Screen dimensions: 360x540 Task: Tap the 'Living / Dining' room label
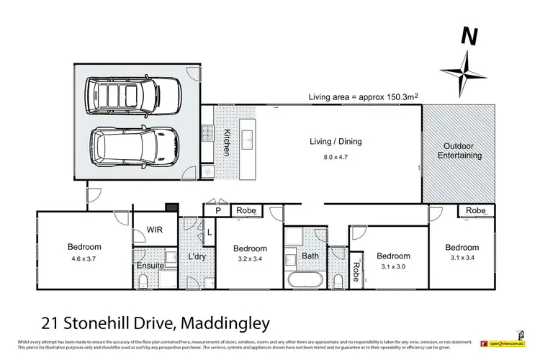click(x=335, y=142)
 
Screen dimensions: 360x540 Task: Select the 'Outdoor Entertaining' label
click(x=460, y=150)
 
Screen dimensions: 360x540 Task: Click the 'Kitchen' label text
click(x=226, y=143)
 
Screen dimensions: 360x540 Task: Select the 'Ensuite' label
click(x=150, y=266)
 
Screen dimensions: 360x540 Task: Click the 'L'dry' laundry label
click(x=197, y=257)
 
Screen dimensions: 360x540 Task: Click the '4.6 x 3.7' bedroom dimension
click(x=84, y=258)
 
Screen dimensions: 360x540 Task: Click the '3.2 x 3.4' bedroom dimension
click(x=250, y=261)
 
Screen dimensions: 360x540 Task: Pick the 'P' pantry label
click(x=216, y=211)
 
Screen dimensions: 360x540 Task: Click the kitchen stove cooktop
click(x=208, y=132)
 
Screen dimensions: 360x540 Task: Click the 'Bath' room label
click(x=310, y=256)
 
